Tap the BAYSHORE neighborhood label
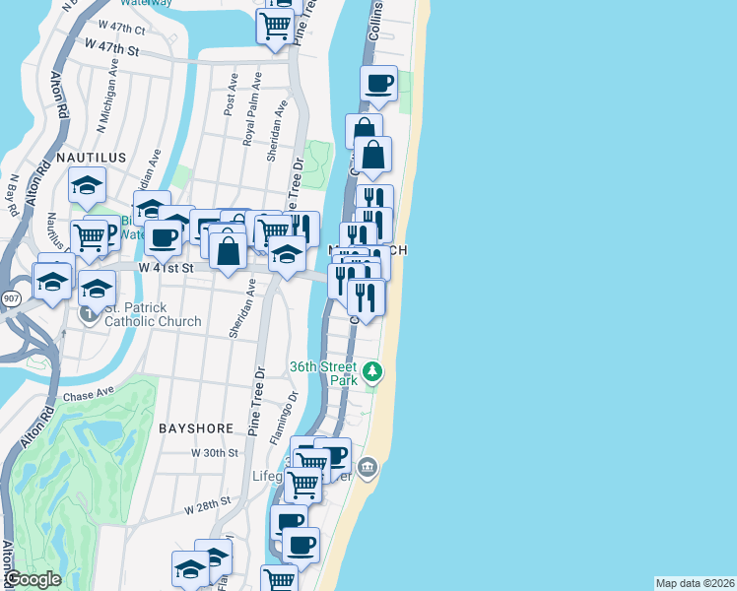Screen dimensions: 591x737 coord(195,428)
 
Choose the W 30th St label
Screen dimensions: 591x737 coord(216,453)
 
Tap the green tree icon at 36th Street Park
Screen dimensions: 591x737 coord(371,372)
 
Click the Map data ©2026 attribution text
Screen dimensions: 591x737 coord(695,583)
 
